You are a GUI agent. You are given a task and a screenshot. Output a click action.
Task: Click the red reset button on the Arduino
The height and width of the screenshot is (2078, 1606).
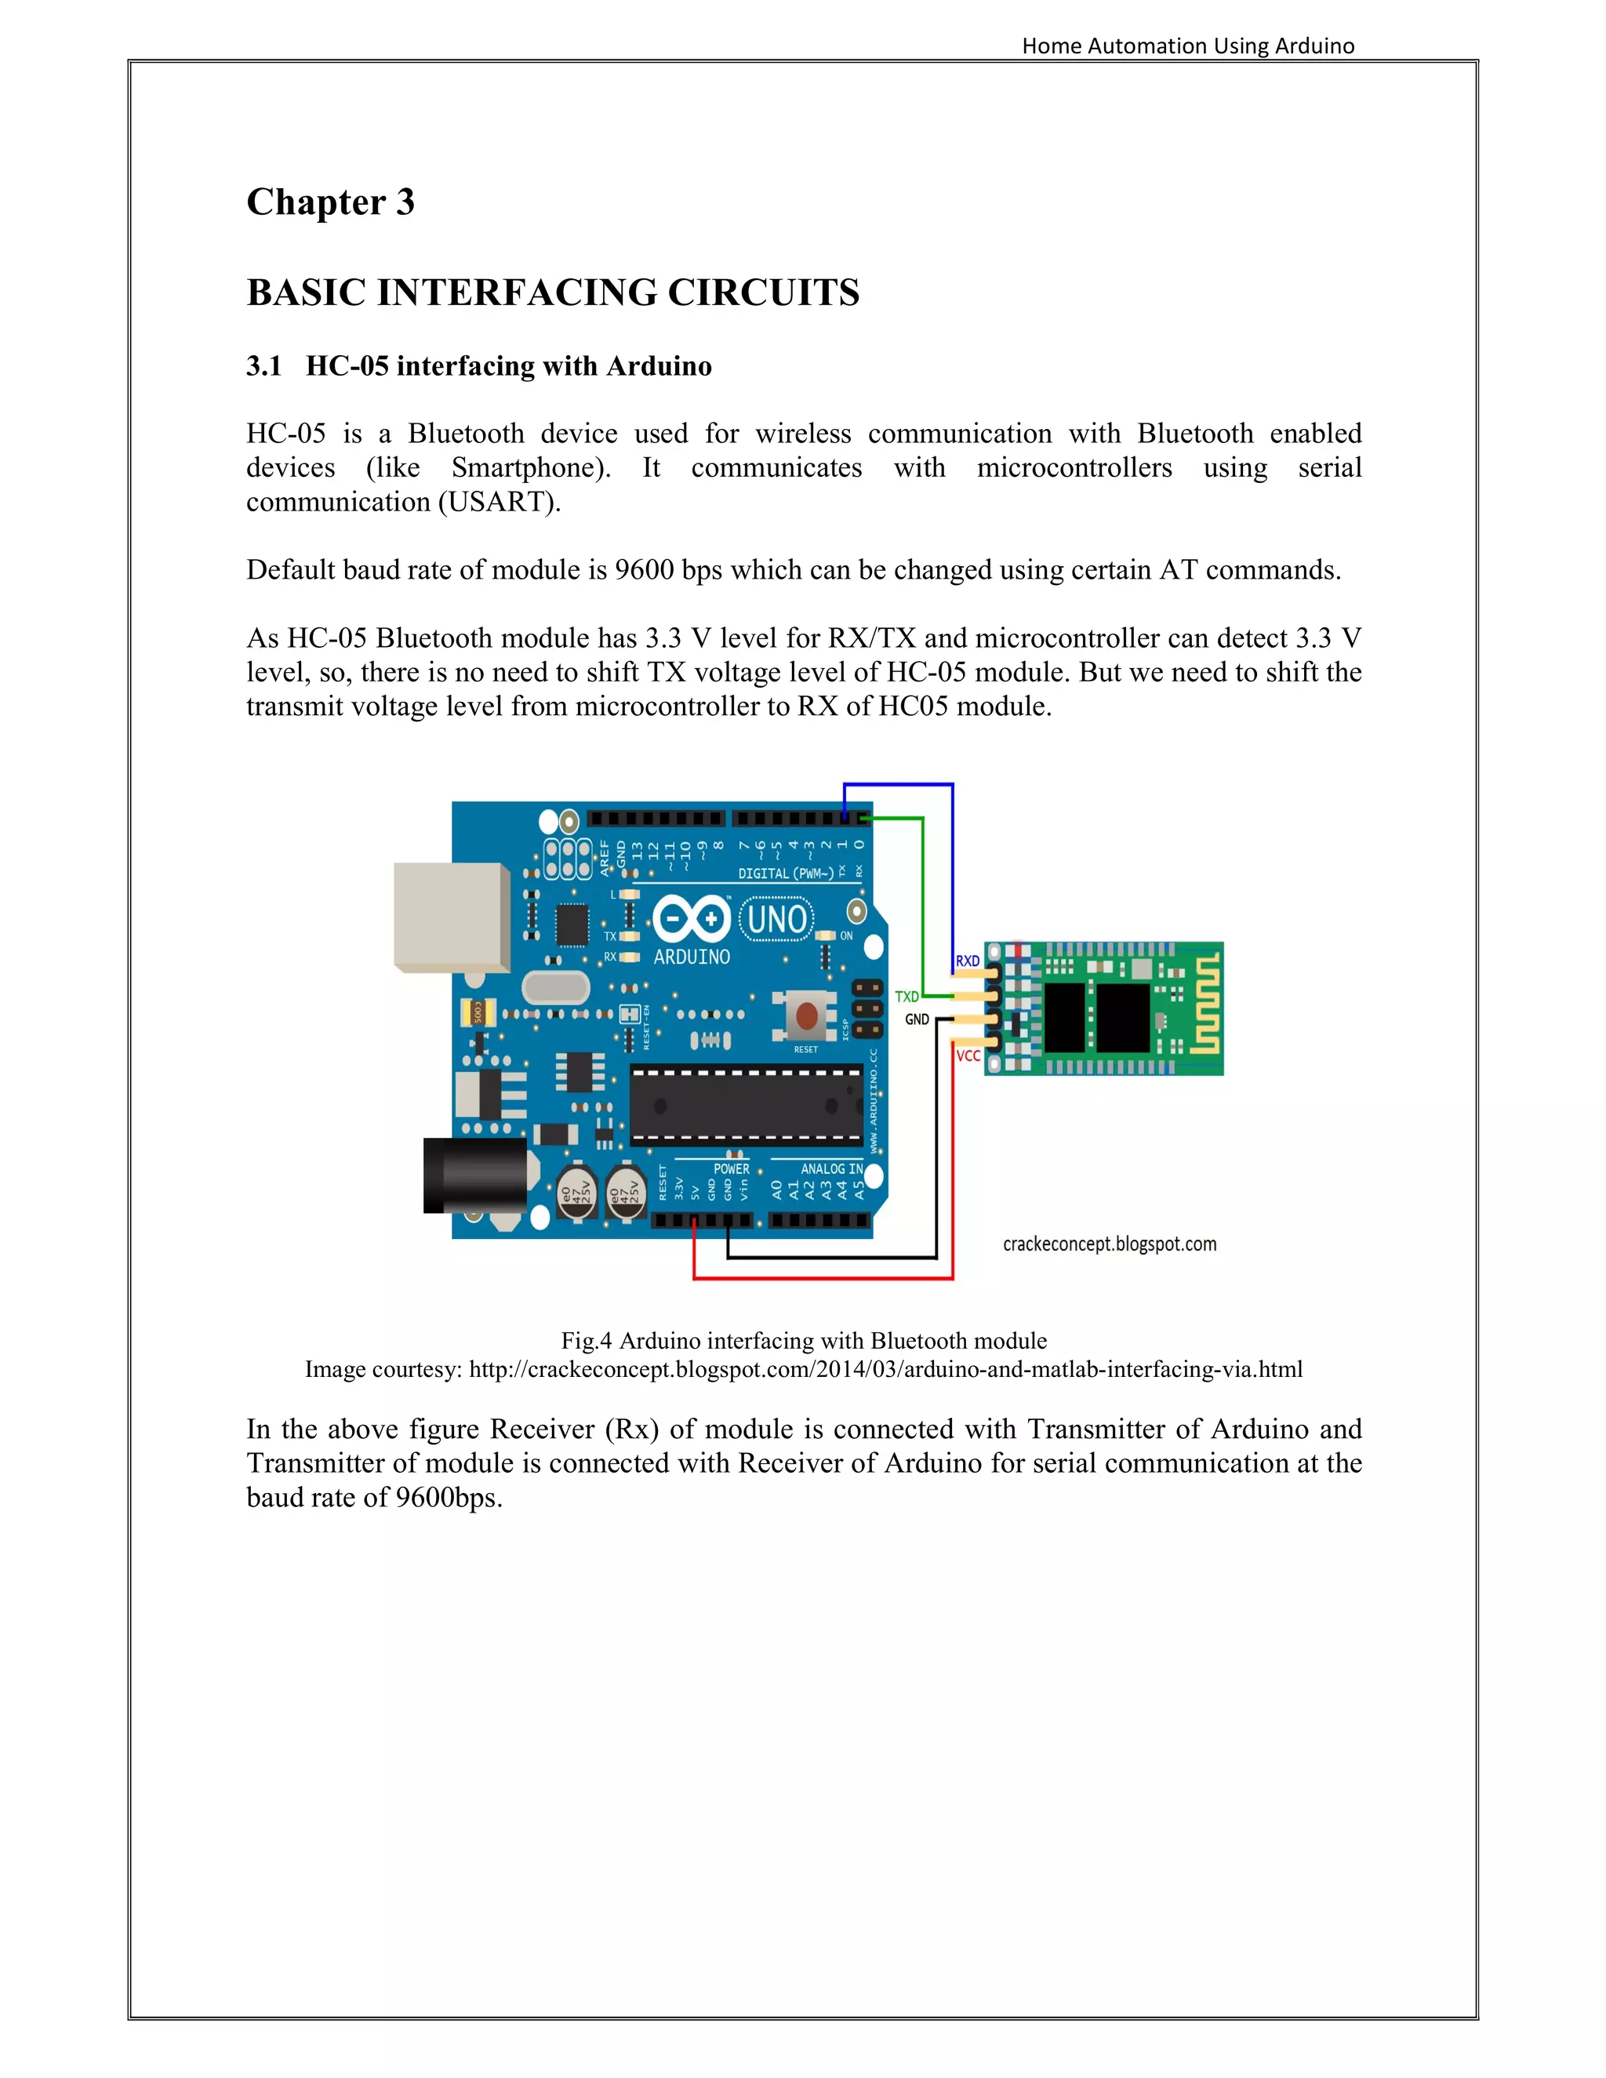(x=806, y=1016)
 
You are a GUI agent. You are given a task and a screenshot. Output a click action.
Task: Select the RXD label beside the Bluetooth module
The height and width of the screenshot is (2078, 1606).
(x=968, y=961)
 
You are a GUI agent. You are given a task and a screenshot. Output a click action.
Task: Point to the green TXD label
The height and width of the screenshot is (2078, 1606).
(x=907, y=996)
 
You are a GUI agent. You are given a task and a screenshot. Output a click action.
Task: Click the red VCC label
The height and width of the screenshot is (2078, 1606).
(x=968, y=1056)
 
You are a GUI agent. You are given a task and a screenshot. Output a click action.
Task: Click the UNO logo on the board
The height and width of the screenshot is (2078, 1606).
(x=777, y=919)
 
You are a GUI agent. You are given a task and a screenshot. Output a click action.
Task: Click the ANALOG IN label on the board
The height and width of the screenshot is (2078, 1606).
(x=830, y=1168)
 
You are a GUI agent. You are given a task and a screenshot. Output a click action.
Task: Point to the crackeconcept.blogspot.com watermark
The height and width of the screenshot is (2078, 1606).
(x=1110, y=1244)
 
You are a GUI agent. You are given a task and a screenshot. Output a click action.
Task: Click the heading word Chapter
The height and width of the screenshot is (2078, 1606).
(x=316, y=202)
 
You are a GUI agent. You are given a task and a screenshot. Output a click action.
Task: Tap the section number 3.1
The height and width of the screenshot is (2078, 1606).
(x=263, y=366)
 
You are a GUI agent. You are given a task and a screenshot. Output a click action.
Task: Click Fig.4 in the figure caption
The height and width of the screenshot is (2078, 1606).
(x=586, y=1341)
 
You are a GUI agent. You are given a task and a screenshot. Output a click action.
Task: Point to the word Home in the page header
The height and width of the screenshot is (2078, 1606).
(x=1052, y=45)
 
